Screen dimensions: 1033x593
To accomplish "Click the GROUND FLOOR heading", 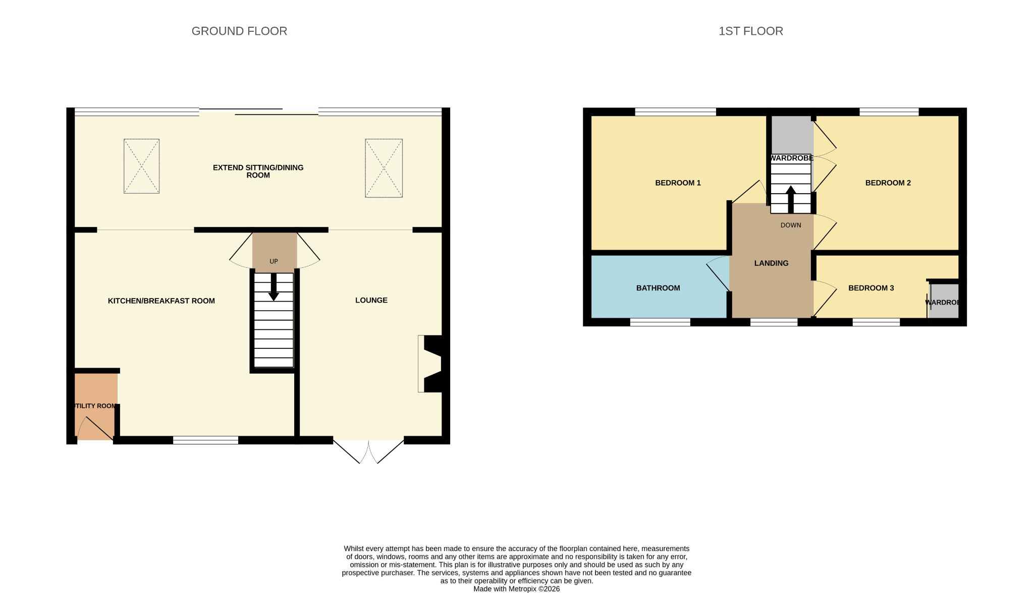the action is click(x=239, y=31).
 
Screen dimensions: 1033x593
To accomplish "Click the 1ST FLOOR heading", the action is click(x=751, y=31).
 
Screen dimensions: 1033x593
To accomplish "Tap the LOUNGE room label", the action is click(x=371, y=300).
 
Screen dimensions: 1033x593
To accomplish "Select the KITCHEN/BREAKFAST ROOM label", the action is click(x=161, y=301).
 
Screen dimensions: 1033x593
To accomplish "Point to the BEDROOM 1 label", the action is click(x=678, y=183).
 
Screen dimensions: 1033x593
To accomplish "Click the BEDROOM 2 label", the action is click(x=888, y=183).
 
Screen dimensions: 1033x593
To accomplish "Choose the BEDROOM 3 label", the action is click(x=871, y=288).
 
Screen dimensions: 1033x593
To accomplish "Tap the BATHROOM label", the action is click(x=658, y=288).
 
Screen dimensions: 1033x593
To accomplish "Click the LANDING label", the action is click(x=771, y=263).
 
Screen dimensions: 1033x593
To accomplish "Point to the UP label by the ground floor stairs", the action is click(x=274, y=261).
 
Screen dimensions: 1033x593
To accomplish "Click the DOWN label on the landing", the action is click(x=791, y=225).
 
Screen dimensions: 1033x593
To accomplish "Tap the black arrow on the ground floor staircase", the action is click(x=274, y=287).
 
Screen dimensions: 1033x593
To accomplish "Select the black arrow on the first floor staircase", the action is click(x=791, y=200).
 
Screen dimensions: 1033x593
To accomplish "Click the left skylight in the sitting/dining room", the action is click(x=141, y=166).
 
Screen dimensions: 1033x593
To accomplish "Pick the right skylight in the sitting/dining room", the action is click(x=384, y=168).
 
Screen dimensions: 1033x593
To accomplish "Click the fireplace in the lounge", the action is click(x=430, y=364).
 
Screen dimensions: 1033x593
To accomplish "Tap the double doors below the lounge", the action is click(x=369, y=452).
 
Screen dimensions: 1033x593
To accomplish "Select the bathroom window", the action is click(x=660, y=322).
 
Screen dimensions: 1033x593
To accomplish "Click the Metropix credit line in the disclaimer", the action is click(x=516, y=588).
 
